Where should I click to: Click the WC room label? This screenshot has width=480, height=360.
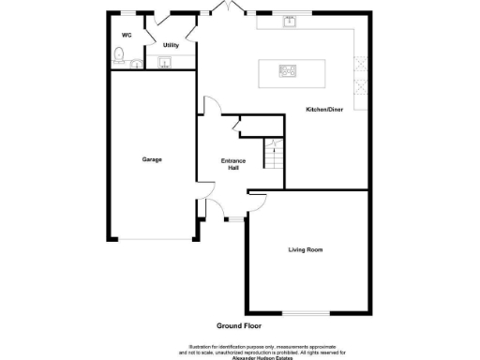125,35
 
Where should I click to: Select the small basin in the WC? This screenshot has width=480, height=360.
137,65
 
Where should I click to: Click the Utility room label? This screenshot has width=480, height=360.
171,44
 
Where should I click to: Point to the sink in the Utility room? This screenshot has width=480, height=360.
165,63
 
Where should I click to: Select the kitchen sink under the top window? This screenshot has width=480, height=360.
289,22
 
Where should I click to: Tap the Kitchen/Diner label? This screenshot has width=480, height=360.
324,110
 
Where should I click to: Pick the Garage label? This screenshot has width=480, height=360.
152,159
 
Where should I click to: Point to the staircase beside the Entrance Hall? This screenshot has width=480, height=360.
271,154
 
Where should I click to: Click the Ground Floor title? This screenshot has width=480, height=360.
238,325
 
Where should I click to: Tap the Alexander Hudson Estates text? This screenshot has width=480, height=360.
240,356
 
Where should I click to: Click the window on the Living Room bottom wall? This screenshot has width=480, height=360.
305,313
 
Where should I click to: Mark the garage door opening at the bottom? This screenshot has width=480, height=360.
152,238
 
